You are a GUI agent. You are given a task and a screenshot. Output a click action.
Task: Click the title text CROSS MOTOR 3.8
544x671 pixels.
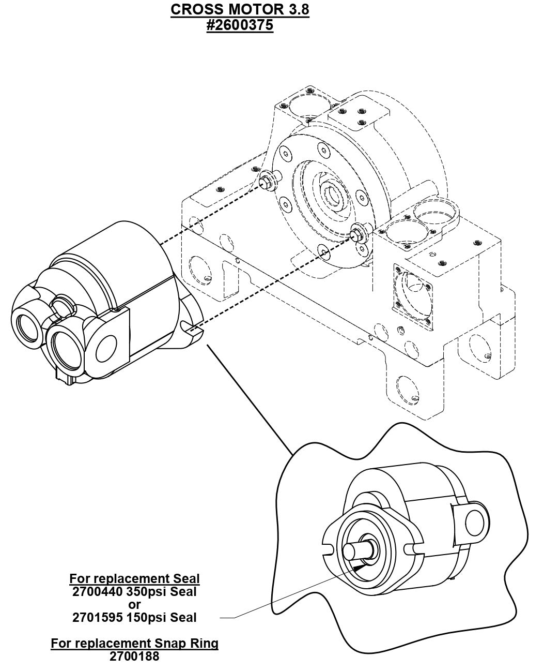click(240, 10)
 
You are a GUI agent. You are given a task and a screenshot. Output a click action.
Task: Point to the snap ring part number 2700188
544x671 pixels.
click(134, 657)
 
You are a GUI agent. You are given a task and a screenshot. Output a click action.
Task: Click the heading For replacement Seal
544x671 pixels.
click(134, 578)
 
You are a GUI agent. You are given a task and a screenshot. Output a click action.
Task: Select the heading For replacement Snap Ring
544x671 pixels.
click(134, 644)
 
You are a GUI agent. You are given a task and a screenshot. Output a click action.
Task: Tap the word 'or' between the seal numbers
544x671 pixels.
click(134, 604)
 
